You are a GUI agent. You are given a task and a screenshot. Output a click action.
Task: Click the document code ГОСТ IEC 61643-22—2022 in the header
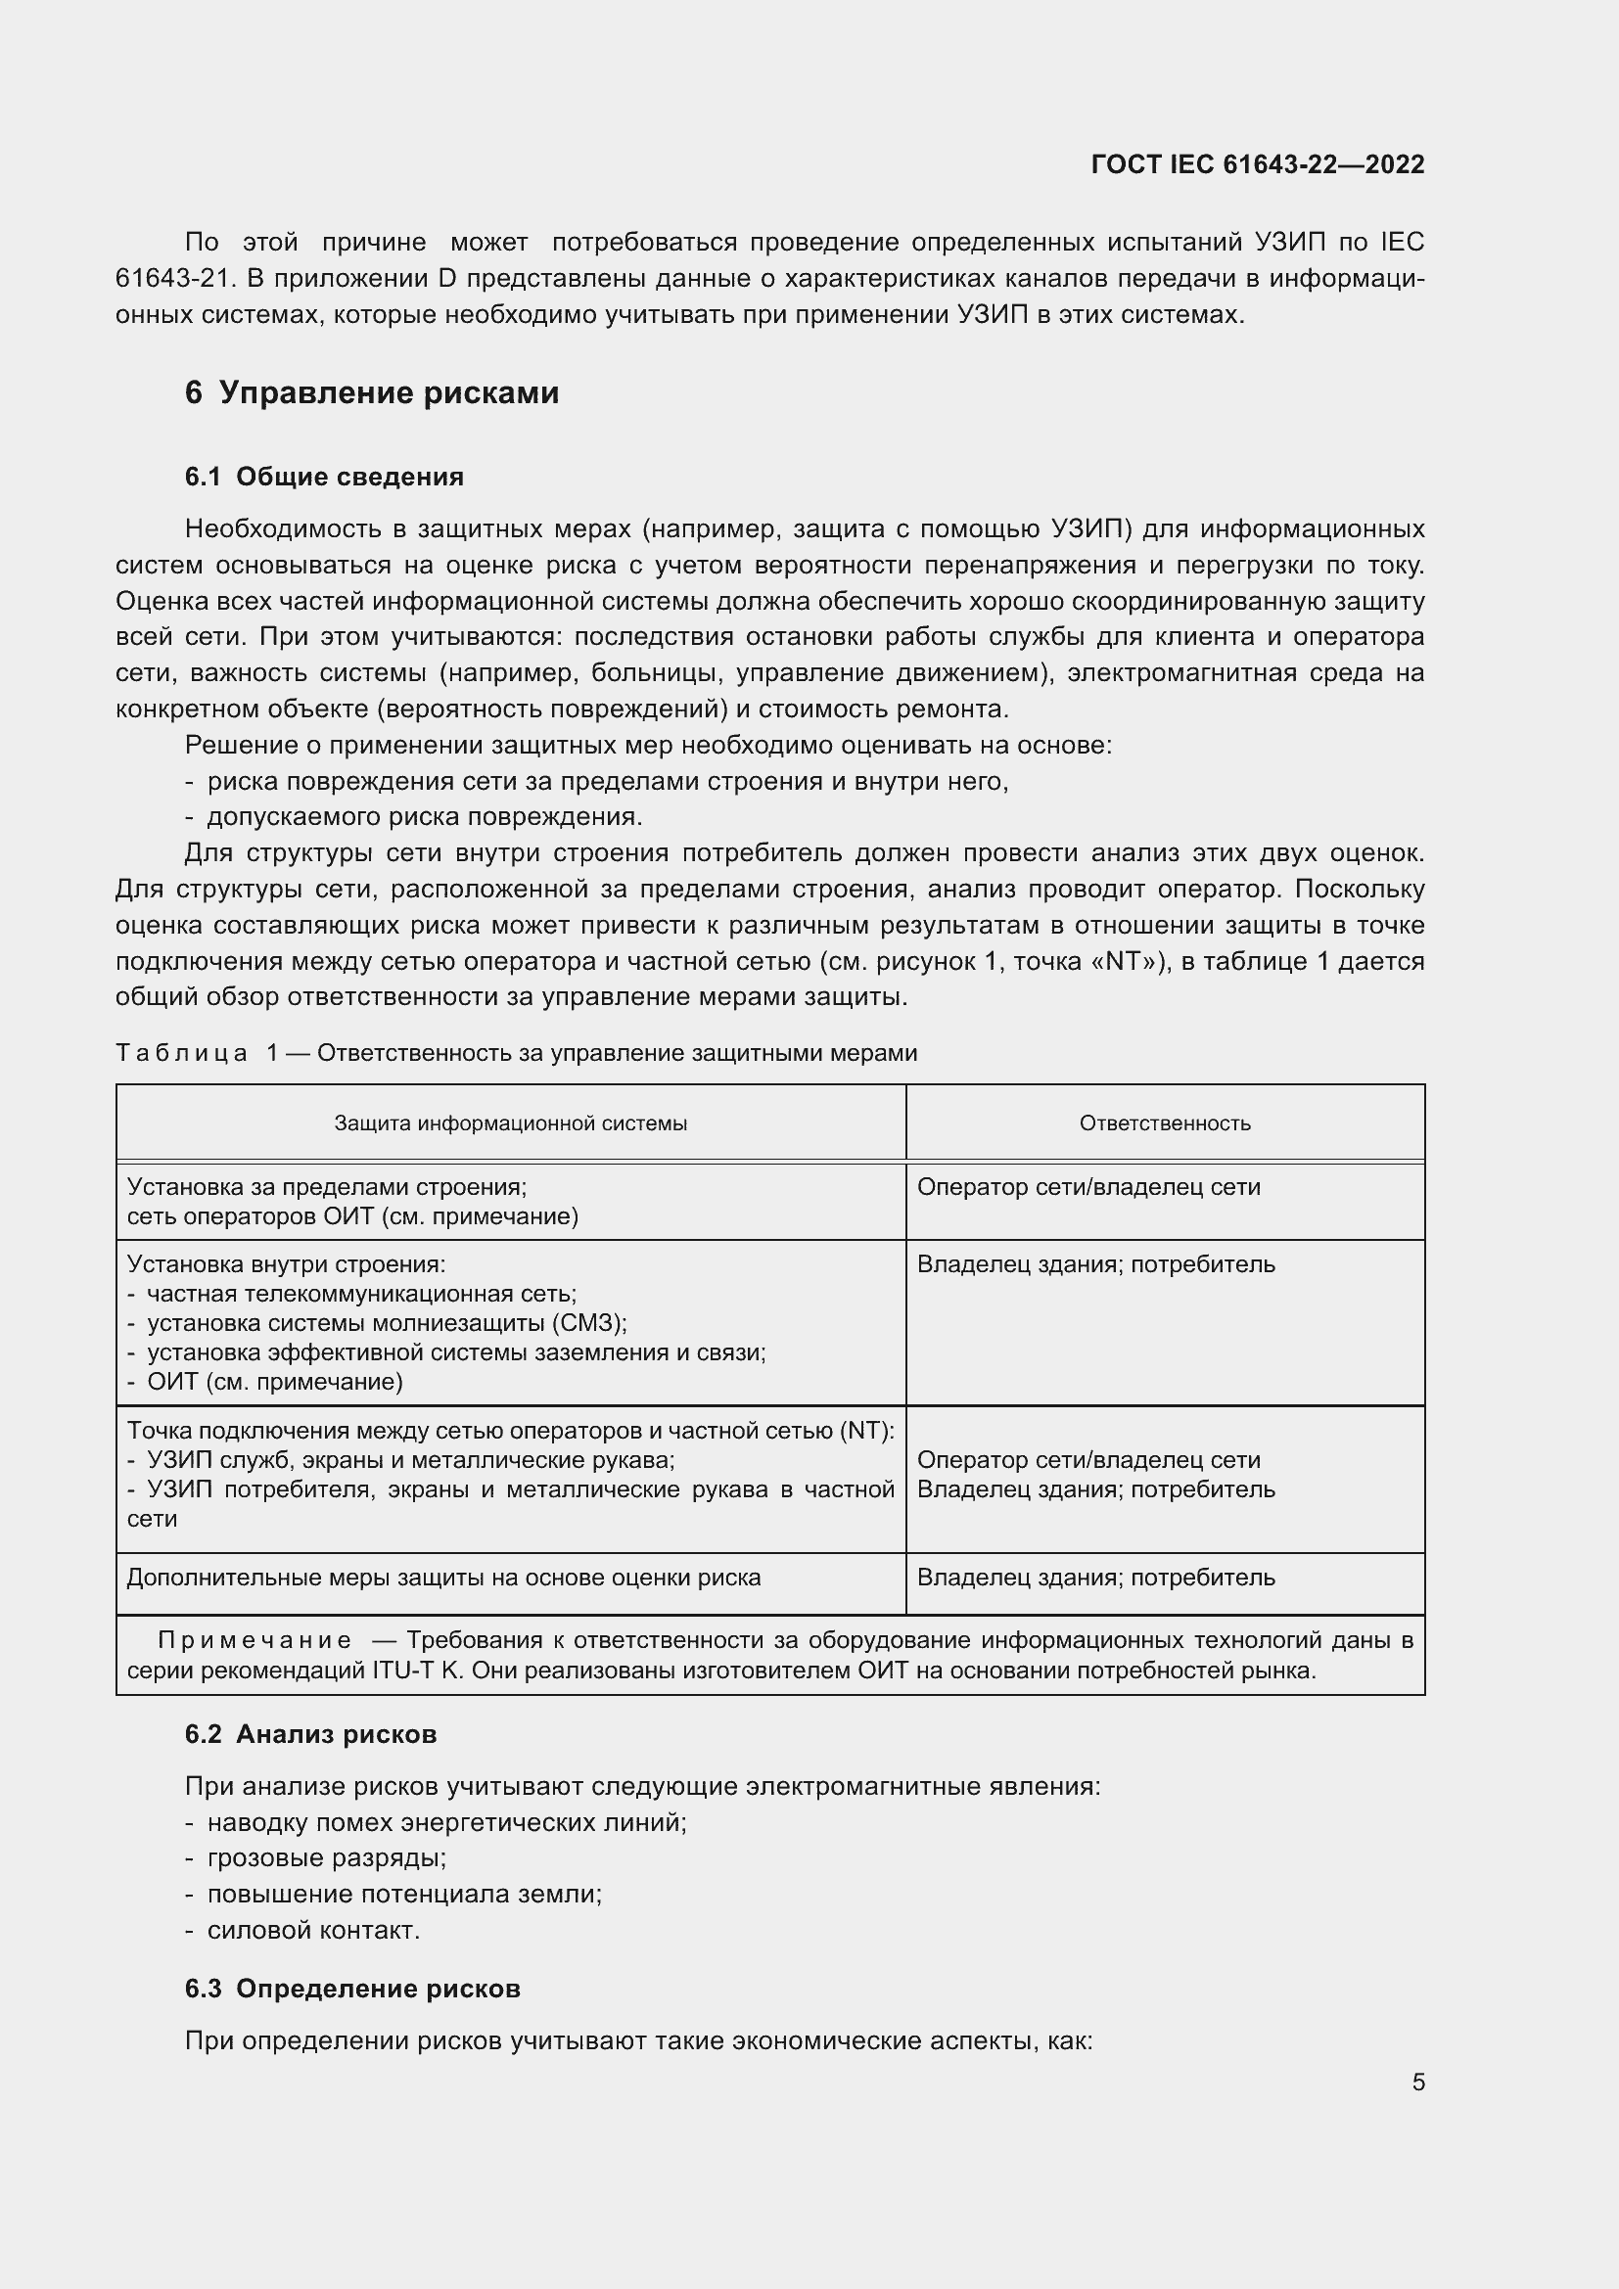1257,164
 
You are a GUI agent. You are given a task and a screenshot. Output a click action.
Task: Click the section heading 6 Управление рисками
372,392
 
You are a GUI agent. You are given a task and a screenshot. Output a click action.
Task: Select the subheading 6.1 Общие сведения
324,477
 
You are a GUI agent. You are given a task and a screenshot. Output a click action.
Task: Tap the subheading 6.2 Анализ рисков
310,1734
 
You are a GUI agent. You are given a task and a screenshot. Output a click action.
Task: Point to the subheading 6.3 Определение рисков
352,1988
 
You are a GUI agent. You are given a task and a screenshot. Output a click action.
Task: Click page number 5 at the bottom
1417,2082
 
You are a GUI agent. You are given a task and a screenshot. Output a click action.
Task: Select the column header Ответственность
1165,1123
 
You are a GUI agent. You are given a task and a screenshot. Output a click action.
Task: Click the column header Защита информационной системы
510,1123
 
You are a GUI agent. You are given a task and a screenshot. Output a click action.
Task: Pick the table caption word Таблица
181,1053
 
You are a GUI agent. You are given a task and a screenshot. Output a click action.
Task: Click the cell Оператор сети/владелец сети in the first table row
1088,1187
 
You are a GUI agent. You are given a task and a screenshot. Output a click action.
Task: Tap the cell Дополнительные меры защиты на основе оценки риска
443,1578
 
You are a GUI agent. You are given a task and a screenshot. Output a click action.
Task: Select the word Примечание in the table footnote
254,1640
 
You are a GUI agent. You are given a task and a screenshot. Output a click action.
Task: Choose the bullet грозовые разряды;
326,1857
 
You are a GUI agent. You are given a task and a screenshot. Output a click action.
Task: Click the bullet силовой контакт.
313,1929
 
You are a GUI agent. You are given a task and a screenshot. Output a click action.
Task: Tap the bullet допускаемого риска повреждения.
424,816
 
